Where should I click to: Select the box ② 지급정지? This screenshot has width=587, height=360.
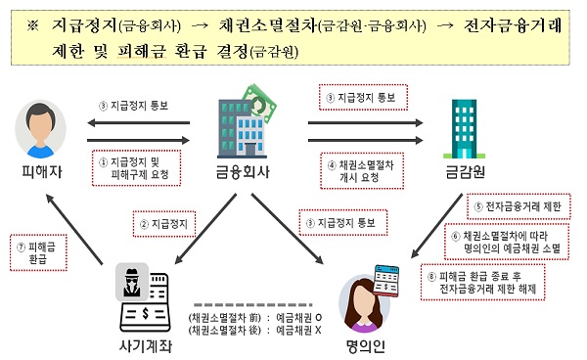coord(162,223)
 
